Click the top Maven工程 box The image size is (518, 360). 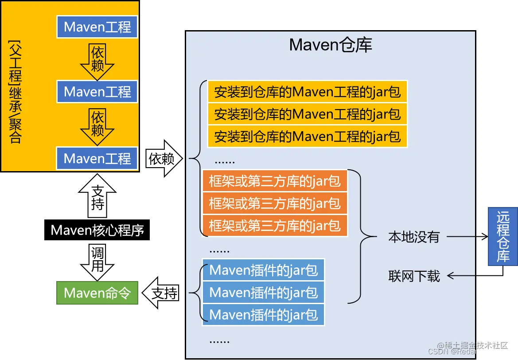(x=97, y=27)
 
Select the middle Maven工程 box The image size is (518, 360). (x=97, y=92)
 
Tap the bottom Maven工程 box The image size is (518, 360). (x=97, y=158)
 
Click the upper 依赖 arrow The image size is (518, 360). (x=97, y=60)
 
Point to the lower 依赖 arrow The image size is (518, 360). (x=97, y=126)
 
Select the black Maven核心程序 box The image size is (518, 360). (x=97, y=231)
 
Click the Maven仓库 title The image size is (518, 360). (x=331, y=45)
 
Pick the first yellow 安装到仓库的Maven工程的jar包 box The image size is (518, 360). (x=307, y=92)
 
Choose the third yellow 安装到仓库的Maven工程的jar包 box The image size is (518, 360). (x=307, y=136)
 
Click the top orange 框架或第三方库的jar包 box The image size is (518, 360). (x=275, y=181)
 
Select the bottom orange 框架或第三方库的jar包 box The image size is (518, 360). (x=275, y=225)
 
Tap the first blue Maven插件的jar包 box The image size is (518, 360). (x=263, y=270)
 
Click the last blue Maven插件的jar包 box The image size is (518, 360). (x=263, y=315)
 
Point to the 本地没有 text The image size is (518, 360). (x=414, y=237)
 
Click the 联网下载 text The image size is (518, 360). (x=414, y=276)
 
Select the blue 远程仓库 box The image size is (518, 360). (x=502, y=236)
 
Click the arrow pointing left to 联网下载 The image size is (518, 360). (x=461, y=276)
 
